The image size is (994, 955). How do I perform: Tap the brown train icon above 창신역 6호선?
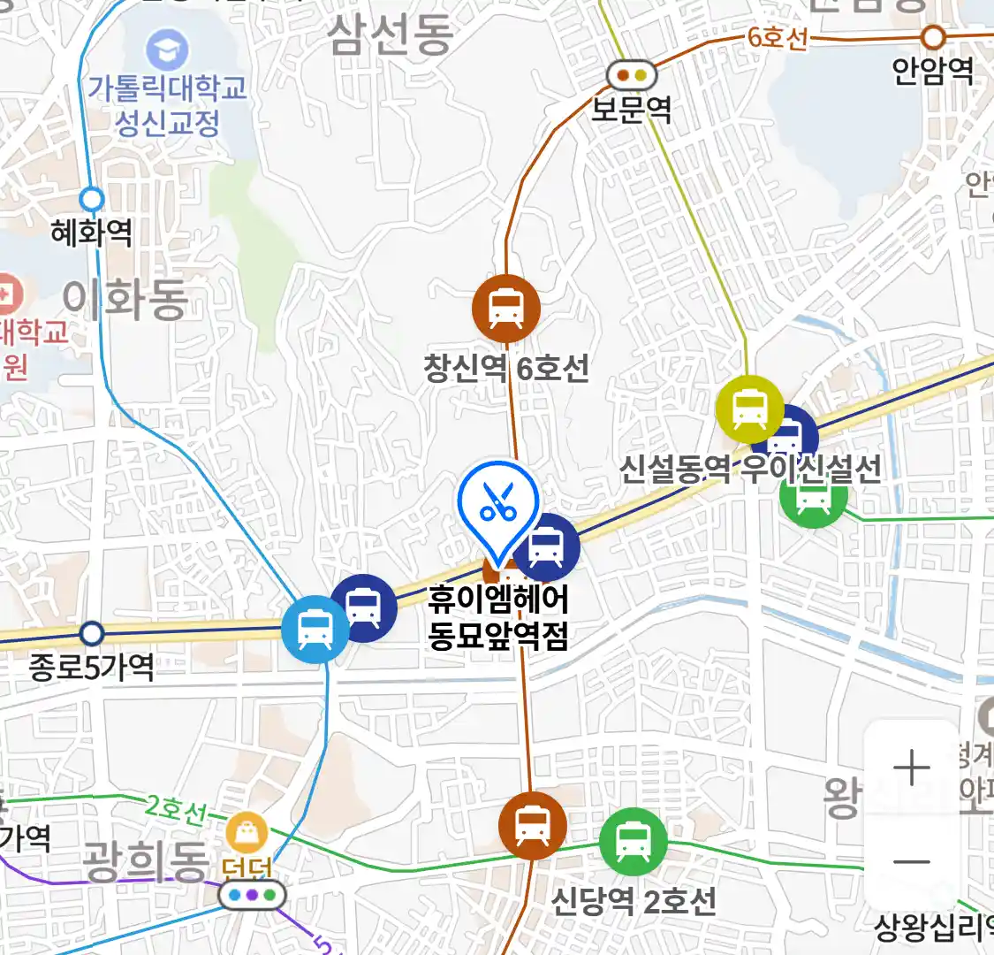pos(506,308)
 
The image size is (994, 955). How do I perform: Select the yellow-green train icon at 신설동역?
pos(749,409)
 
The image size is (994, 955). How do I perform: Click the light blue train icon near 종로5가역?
pos(315,630)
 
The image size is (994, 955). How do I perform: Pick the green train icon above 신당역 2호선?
pos(633,841)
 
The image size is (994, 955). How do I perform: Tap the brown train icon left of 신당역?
pos(532,826)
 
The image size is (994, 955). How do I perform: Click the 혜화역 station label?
pos(92,233)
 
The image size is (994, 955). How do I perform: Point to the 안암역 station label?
pos(932,70)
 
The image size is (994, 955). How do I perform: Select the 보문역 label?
pos(631,109)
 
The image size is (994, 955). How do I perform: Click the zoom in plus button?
pos(911,768)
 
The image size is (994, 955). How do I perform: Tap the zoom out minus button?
pos(911,862)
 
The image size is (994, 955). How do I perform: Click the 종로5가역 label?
pos(92,667)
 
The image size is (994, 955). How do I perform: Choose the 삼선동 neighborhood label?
pos(391,35)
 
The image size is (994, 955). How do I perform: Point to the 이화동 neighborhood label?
pos(125,299)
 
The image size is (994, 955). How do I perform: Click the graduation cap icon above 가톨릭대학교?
pos(167,50)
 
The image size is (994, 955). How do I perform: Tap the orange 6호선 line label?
pos(778,38)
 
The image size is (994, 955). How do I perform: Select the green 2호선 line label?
pos(176,807)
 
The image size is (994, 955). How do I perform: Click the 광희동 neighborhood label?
pos(146,861)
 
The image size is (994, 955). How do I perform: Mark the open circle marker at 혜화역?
pos(92,199)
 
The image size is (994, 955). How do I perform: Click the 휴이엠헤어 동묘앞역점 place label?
pos(497,617)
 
